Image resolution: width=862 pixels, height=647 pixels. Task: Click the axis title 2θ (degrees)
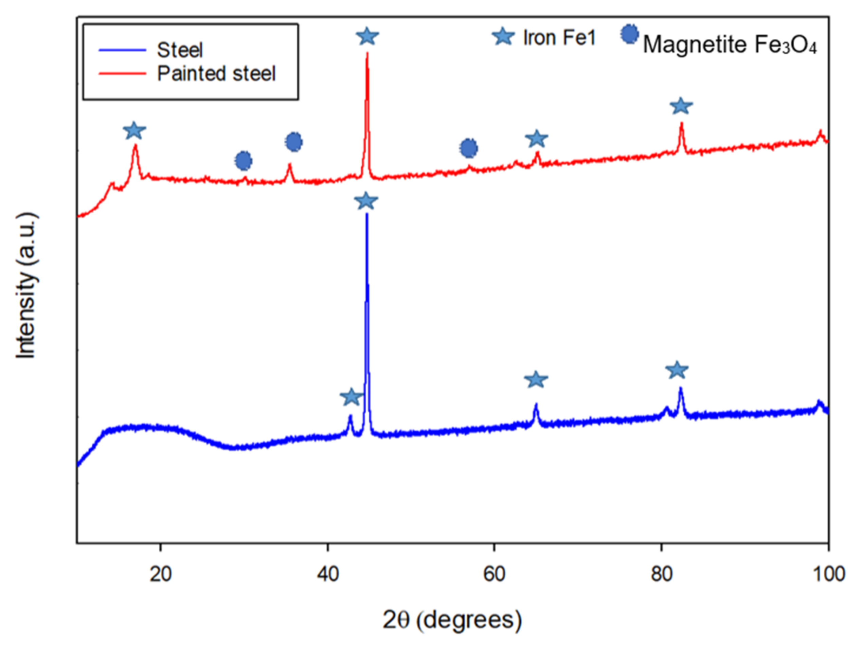452,620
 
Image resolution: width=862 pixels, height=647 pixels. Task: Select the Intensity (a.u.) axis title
26,285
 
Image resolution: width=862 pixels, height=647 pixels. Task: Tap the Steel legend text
180,50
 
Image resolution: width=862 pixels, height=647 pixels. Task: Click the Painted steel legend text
216,73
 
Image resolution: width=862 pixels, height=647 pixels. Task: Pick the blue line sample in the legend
122,50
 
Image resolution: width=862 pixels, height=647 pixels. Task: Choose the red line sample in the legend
122,73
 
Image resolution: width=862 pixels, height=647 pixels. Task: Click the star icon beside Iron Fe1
503,37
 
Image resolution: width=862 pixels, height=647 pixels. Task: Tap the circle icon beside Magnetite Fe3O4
629,34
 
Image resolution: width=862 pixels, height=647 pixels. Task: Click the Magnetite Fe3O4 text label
730,44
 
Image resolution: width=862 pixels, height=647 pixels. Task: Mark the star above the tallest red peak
367,36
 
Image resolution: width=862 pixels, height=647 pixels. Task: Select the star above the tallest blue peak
366,201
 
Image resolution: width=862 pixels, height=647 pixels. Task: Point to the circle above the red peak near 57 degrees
468,148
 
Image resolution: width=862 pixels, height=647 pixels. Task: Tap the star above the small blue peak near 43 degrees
351,397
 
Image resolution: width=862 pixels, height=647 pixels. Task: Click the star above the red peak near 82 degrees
681,106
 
